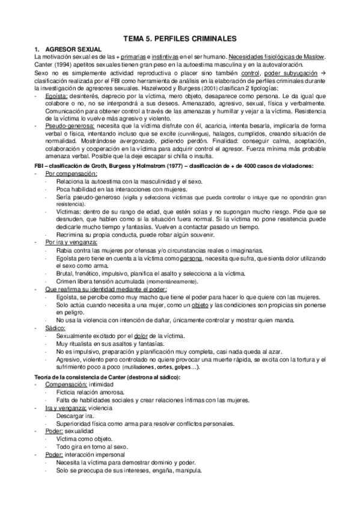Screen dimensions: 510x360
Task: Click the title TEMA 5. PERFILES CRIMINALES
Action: point(180,37)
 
